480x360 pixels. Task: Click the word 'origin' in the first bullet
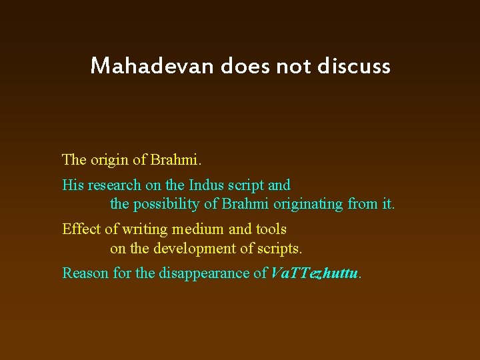(x=111, y=160)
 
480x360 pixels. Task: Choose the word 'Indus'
(x=208, y=185)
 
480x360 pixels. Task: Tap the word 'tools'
(x=271, y=229)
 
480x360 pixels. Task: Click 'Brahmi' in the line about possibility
(x=247, y=204)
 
